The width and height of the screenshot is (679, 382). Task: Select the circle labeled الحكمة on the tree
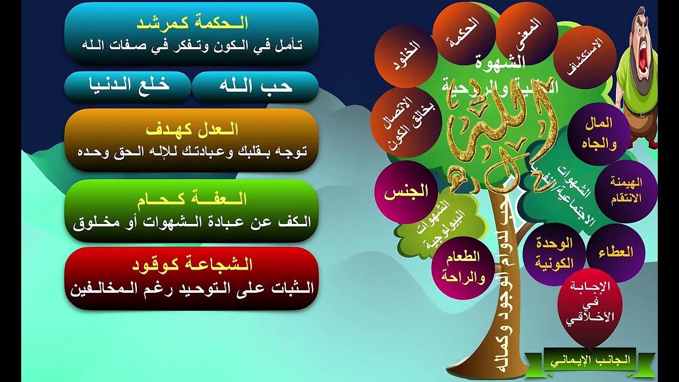coord(464,33)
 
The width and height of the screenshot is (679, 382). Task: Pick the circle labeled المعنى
coord(527,33)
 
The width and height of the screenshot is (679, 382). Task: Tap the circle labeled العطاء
coord(615,253)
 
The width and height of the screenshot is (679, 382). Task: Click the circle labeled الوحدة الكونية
coord(554,253)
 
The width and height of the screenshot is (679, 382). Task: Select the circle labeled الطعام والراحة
coord(463,267)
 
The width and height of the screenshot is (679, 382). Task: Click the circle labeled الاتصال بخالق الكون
coord(406,123)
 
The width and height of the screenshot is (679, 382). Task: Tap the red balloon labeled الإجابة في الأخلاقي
coord(589,302)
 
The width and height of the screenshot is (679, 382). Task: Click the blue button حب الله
coord(255,86)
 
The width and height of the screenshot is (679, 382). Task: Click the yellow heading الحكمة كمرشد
coord(191,23)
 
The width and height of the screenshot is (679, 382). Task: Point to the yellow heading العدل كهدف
coord(191,129)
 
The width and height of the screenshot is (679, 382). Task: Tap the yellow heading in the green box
coord(191,199)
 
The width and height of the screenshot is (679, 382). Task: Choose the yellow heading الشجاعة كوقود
coord(191,265)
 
